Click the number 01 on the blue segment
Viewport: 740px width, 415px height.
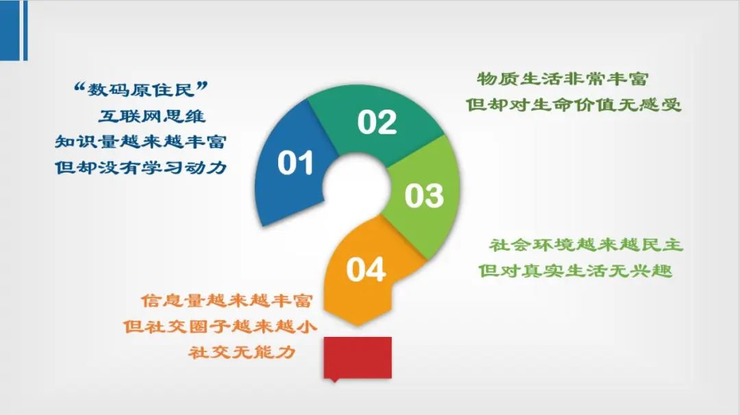(x=295, y=163)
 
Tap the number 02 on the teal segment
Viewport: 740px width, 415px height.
(x=377, y=122)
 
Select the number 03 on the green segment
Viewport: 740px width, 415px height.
(x=424, y=195)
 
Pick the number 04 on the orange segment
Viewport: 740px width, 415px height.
(x=366, y=270)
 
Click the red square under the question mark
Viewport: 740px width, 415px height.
(x=358, y=357)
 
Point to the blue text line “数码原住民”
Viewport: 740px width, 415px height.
(x=141, y=89)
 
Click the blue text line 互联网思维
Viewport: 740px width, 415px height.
(x=152, y=116)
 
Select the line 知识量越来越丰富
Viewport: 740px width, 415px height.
(x=140, y=142)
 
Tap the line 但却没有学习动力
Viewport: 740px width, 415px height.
(x=140, y=167)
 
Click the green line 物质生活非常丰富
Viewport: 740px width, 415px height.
(x=563, y=79)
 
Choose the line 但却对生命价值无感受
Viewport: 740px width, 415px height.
(x=573, y=104)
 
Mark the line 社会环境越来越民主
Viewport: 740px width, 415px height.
(x=586, y=244)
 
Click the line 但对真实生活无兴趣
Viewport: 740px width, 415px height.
(x=576, y=271)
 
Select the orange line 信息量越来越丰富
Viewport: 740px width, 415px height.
(x=227, y=301)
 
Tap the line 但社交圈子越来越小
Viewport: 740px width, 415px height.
(x=220, y=326)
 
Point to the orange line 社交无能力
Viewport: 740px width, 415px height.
(x=242, y=352)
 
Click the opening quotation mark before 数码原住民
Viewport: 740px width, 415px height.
(x=79, y=86)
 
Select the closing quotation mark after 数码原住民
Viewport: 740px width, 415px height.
(x=202, y=86)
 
